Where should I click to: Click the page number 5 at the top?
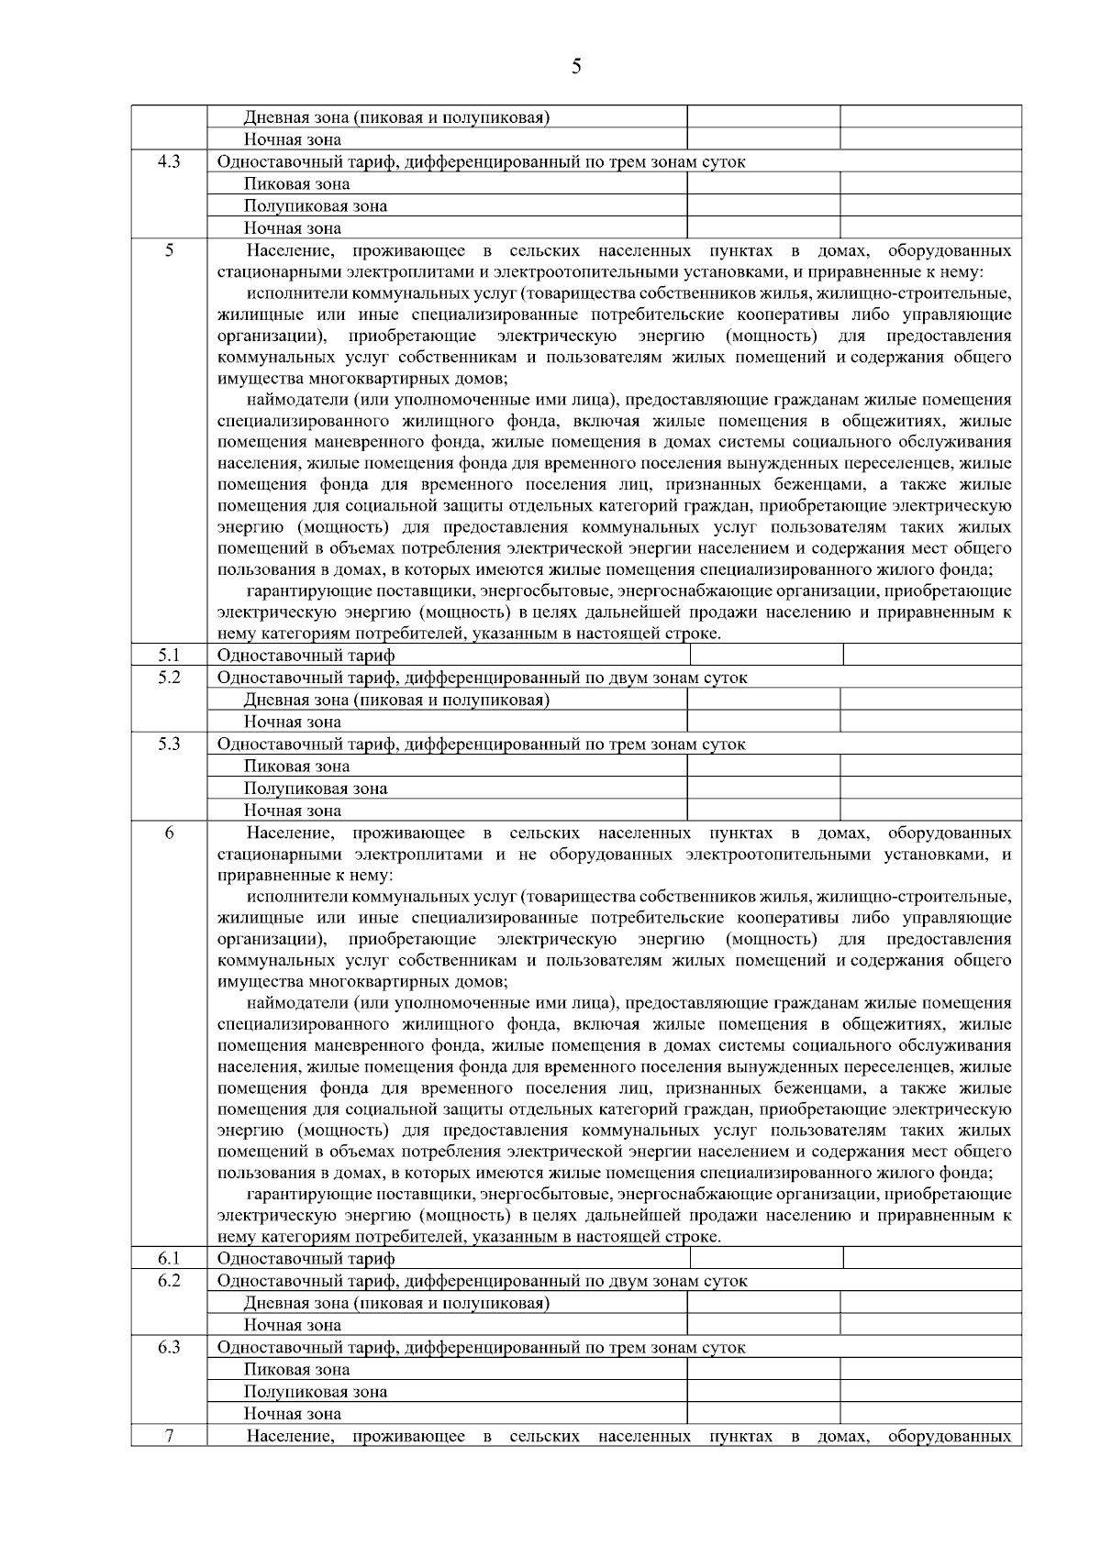(x=575, y=66)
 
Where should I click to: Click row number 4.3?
(x=169, y=161)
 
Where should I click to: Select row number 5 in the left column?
(x=169, y=250)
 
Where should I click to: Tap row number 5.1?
(x=169, y=655)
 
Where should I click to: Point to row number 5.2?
(x=169, y=677)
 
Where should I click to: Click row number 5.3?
(x=169, y=744)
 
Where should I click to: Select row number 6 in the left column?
(x=169, y=833)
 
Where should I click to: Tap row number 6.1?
(x=169, y=1258)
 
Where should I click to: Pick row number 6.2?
(x=169, y=1280)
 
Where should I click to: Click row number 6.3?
(x=169, y=1347)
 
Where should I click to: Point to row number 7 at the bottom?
(x=169, y=1435)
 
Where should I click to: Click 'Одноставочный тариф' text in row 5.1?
(x=306, y=656)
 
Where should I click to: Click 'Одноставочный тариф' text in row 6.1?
(x=306, y=1259)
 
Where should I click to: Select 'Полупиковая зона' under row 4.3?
(x=315, y=206)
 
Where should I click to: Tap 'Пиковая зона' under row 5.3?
(x=296, y=767)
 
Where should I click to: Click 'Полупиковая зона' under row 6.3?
(x=315, y=1392)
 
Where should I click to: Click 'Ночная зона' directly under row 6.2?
(x=292, y=1325)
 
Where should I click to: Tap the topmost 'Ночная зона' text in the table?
(x=292, y=140)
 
